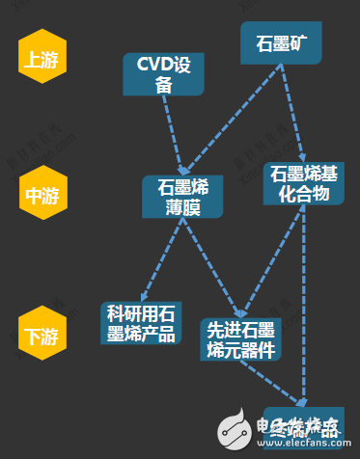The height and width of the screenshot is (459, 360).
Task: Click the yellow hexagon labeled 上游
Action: pos(40,60)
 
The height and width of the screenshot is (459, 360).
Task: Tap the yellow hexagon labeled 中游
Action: pos(40,195)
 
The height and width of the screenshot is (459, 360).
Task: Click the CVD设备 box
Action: pos(162,74)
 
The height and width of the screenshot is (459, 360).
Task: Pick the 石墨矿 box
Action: pos(282,44)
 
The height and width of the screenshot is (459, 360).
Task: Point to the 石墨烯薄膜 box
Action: pos(182,197)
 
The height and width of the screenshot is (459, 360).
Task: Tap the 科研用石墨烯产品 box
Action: pos(141,323)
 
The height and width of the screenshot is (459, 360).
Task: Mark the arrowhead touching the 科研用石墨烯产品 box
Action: pos(142,297)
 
